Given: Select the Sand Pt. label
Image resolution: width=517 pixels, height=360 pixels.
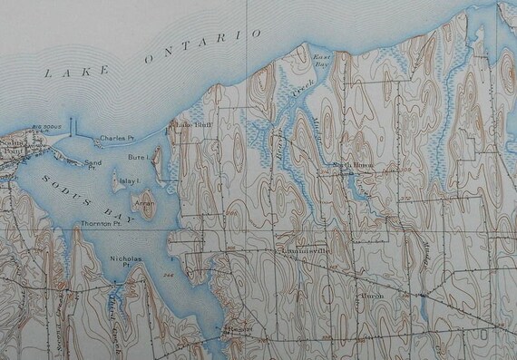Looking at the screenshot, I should click(x=91, y=164).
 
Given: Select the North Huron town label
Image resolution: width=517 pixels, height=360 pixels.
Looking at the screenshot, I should click(x=353, y=165).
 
